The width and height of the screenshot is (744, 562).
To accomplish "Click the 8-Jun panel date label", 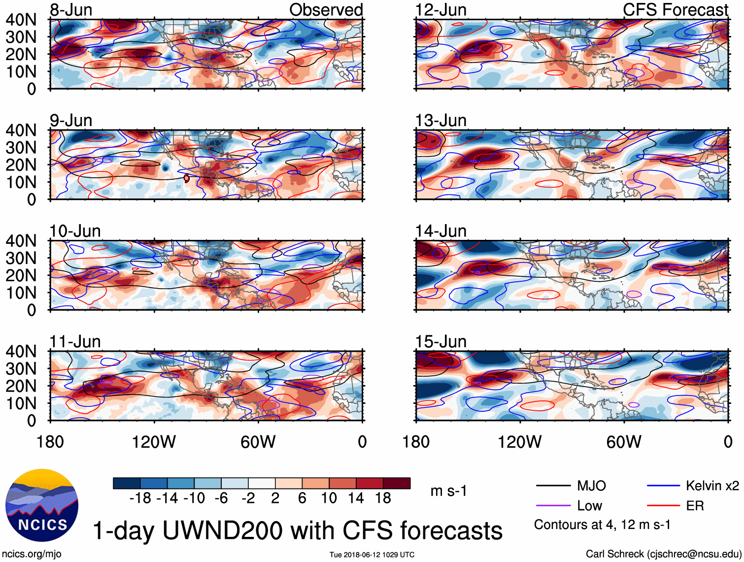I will pos(71,9).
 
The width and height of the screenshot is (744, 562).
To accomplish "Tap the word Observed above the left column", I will pos(326,9).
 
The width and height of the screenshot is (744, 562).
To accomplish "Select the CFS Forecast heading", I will pos(675,9).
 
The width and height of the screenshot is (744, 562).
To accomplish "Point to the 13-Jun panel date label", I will pos(440,120).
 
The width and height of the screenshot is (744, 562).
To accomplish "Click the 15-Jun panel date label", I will pos(440,341).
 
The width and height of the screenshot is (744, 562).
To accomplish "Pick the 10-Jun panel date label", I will pos(75,231).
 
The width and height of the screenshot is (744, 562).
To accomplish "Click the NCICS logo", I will pos(42,505).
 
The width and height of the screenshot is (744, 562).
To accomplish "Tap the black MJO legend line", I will pos(553,486).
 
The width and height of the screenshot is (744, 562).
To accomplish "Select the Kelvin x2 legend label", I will pos(712,486).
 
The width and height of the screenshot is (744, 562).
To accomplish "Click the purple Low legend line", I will pos(553,506).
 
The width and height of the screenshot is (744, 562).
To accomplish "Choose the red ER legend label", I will pos(695,506).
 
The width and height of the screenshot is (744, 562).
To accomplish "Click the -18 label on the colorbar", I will pos(140,498).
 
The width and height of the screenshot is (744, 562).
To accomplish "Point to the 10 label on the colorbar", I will pos(329,498).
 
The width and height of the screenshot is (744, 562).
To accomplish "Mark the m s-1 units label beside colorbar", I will pos(448,491).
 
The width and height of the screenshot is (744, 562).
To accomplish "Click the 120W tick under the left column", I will pos(154,442).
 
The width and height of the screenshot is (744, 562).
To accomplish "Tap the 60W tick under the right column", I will pos(624,442).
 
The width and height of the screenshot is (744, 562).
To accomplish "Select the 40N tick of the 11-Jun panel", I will pos(21,351).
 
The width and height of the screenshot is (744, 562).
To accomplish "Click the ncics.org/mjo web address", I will pos(32,554).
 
